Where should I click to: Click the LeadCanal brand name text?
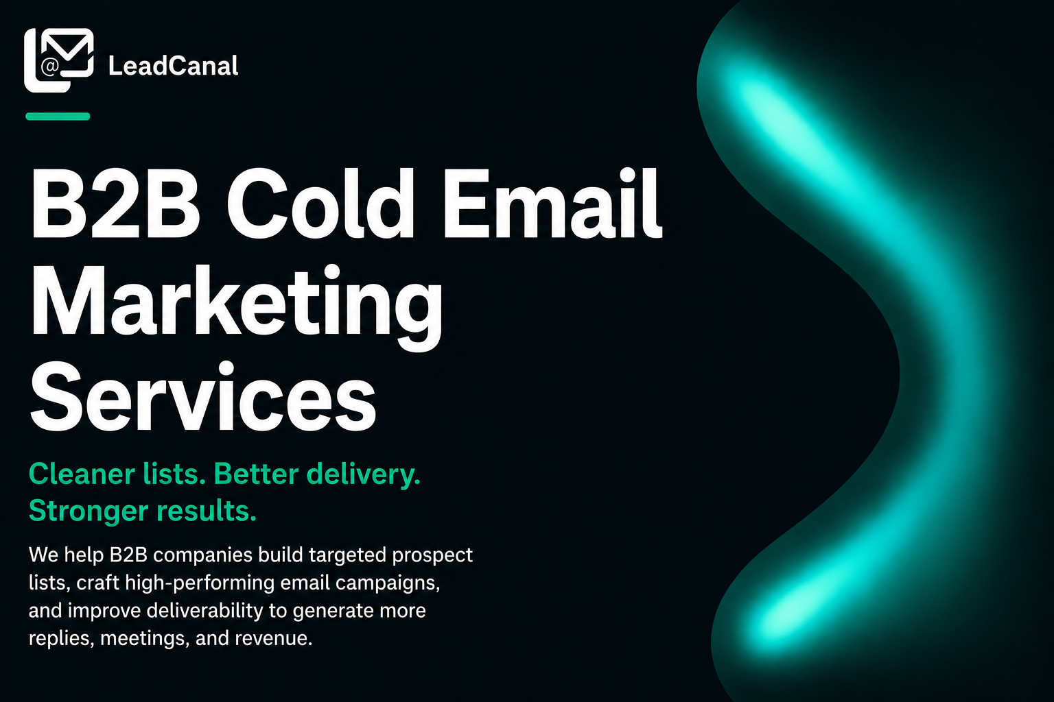tap(173, 65)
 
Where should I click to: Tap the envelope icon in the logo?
tap(67, 52)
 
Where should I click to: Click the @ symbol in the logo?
tap(50, 66)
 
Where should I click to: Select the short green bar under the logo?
tap(58, 116)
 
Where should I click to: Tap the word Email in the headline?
tap(553, 202)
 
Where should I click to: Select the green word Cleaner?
tap(82, 474)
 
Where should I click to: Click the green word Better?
tap(256, 474)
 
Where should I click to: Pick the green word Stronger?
tap(89, 512)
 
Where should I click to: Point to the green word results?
tap(206, 511)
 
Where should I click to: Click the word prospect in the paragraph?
tap(432, 556)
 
